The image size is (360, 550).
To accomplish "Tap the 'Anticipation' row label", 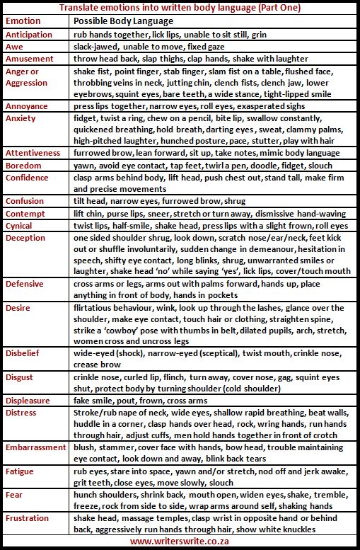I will pos(28,34).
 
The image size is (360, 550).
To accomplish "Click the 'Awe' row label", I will pos(14,47).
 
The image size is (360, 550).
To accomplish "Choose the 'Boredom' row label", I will pos(24,165).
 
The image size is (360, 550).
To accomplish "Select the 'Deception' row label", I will pos(27,238).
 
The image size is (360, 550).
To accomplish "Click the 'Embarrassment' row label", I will pos(35,448).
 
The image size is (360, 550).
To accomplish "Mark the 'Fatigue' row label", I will pos(20,472).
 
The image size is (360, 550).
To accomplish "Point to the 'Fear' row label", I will pos(15,495).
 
